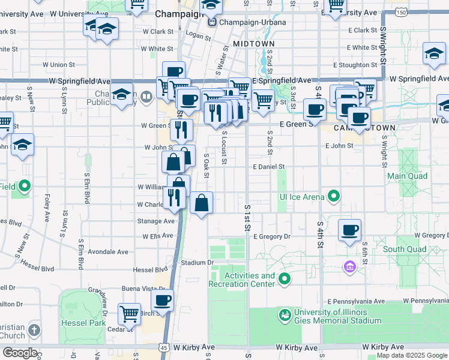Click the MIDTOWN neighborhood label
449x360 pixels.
point(253,44)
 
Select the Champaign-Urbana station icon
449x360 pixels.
point(212,23)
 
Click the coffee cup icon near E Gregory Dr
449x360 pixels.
point(349,230)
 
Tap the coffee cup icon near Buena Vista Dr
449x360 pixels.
point(161,300)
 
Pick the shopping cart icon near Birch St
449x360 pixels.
point(129,313)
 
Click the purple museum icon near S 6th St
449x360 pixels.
point(349,266)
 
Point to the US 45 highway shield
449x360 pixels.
point(164,347)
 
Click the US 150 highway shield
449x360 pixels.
point(401,12)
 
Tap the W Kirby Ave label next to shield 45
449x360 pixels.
point(194,347)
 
